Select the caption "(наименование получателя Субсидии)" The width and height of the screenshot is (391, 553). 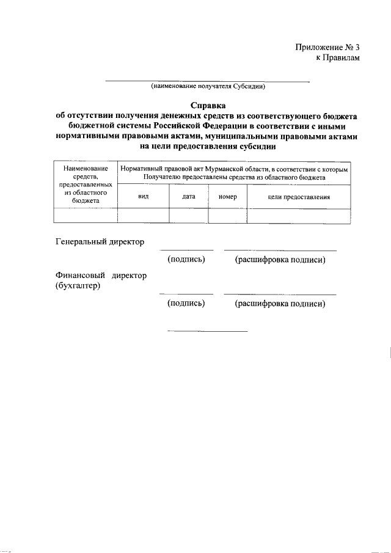coord(208,87)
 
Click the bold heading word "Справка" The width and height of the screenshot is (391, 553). coord(208,105)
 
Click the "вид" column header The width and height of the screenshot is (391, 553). coord(143,197)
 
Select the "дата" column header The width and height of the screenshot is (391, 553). coord(188,197)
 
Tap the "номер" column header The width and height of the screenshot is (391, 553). coord(227,197)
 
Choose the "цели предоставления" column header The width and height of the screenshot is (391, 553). coord(299,197)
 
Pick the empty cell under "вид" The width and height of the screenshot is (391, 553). coord(143,215)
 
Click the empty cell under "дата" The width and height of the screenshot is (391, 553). coord(188,215)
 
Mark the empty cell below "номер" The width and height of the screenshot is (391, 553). coord(227,215)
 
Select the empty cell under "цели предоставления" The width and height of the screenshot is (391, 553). coord(299,215)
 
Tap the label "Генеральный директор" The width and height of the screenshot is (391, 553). coord(100,242)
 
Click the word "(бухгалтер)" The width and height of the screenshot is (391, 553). coord(78,285)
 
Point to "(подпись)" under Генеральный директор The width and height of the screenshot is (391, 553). coord(186,260)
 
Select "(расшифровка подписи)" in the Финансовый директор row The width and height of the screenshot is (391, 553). coord(280,303)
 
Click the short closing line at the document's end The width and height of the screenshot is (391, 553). coord(207,331)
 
